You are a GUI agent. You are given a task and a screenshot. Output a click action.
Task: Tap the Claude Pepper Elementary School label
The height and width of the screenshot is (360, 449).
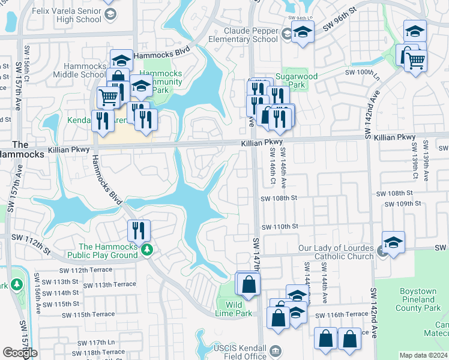click(251, 35)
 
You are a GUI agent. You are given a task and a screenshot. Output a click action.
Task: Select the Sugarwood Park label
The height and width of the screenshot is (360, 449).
click(300, 80)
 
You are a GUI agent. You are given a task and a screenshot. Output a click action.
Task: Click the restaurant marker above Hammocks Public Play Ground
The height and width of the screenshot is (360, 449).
click(139, 230)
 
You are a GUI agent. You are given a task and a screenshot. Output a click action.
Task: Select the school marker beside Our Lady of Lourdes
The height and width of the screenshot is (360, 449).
click(393, 242)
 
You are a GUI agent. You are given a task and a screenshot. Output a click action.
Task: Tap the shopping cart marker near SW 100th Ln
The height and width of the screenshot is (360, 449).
click(415, 60)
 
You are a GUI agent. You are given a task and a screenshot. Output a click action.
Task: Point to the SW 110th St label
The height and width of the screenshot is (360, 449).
click(279, 226)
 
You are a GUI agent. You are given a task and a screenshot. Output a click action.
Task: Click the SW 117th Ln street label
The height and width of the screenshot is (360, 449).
click(86, 342)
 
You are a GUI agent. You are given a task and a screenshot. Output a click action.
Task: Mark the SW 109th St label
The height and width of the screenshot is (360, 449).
click(403, 204)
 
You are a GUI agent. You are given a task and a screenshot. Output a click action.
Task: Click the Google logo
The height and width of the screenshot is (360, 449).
click(20, 353)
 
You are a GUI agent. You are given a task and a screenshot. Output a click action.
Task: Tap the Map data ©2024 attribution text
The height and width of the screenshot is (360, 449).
click(423, 355)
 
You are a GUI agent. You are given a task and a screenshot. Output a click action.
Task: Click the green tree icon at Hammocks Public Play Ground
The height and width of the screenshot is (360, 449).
click(146, 250)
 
